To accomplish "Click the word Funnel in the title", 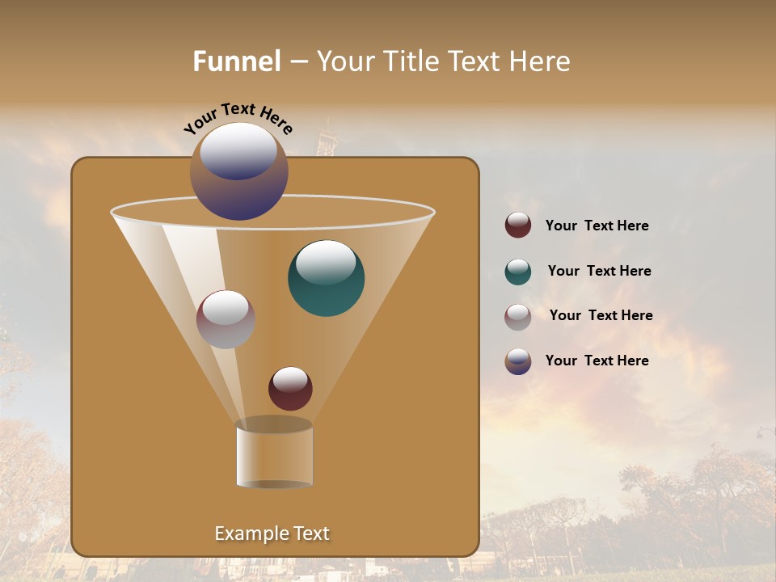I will pyautogui.click(x=237, y=61).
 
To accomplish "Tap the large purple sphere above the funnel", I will pyautogui.click(x=239, y=171).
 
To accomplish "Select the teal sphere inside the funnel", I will pyautogui.click(x=327, y=279).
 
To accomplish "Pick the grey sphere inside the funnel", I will pyautogui.click(x=226, y=320).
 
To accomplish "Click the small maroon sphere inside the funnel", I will pyautogui.click(x=290, y=389).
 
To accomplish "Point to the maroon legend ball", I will pyautogui.click(x=518, y=226).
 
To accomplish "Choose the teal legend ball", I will pyautogui.click(x=518, y=272).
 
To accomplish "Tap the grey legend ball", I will pyautogui.click(x=518, y=317).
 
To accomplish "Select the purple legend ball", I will pyautogui.click(x=518, y=361).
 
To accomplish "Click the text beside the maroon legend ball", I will pyautogui.click(x=597, y=226).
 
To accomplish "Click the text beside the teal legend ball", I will pyautogui.click(x=599, y=271).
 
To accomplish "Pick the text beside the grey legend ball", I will pyautogui.click(x=601, y=315).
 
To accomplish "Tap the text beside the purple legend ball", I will pyautogui.click(x=597, y=361).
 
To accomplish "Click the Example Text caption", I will pyautogui.click(x=272, y=533).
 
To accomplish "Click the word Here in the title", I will pyautogui.click(x=541, y=61).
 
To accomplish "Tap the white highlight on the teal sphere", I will pyautogui.click(x=326, y=261).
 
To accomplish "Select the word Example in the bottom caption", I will pyautogui.click(x=247, y=533).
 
